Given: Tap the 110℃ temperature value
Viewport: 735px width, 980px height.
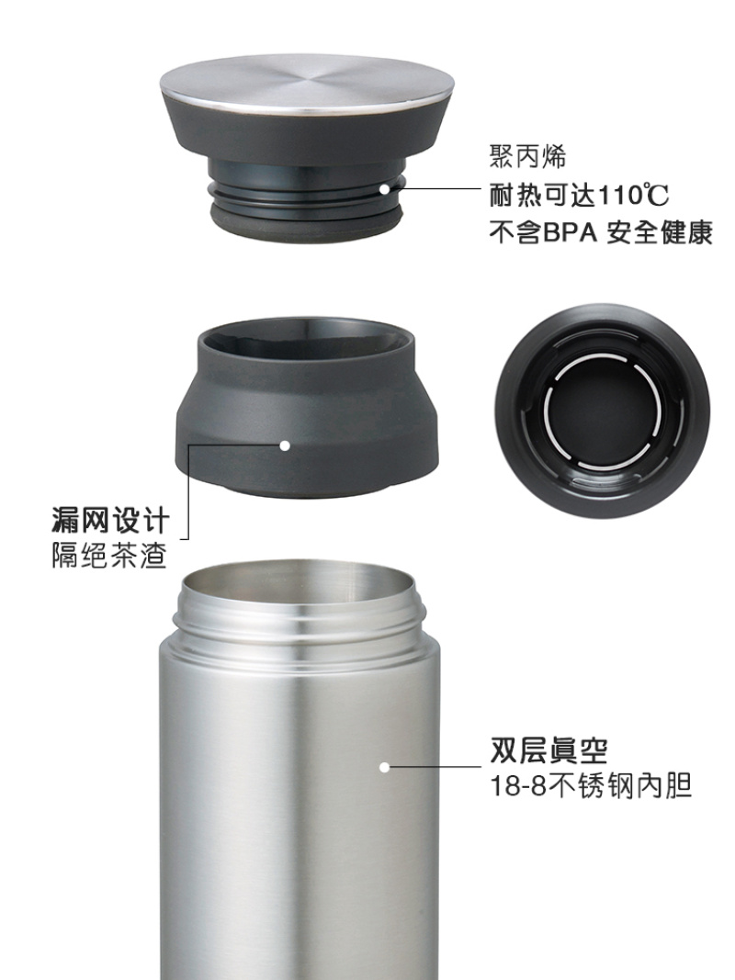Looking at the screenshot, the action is pyautogui.click(x=633, y=196).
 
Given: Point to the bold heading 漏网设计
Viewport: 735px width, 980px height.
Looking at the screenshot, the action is pyautogui.click(x=110, y=521).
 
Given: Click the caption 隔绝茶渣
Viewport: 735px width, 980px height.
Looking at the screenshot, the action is pyautogui.click(x=108, y=555).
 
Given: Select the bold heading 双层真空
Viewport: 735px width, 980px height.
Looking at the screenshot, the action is pyautogui.click(x=548, y=750).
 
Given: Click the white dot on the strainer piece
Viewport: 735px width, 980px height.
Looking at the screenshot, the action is pyautogui.click(x=285, y=445).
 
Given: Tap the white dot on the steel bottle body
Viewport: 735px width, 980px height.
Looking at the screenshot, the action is pyautogui.click(x=384, y=767).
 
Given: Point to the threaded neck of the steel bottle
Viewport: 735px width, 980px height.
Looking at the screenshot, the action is pyautogui.click(x=300, y=625).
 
